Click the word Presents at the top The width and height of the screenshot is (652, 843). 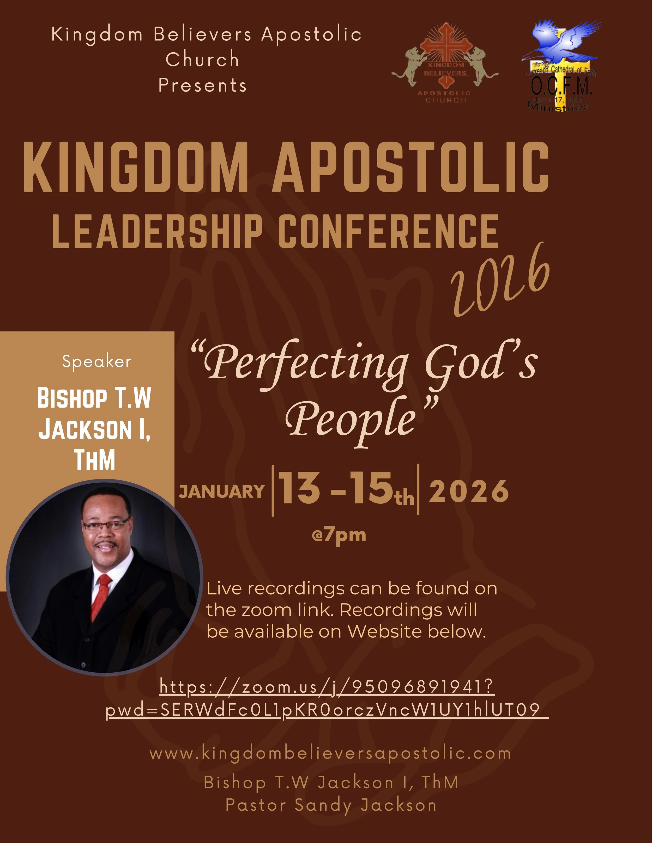pyautogui.click(x=202, y=85)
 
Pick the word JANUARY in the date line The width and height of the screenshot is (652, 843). pyautogui.click(x=222, y=491)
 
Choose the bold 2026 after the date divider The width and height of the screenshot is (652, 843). pyautogui.click(x=469, y=491)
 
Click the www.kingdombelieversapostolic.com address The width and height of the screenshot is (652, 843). pyautogui.click(x=330, y=753)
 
